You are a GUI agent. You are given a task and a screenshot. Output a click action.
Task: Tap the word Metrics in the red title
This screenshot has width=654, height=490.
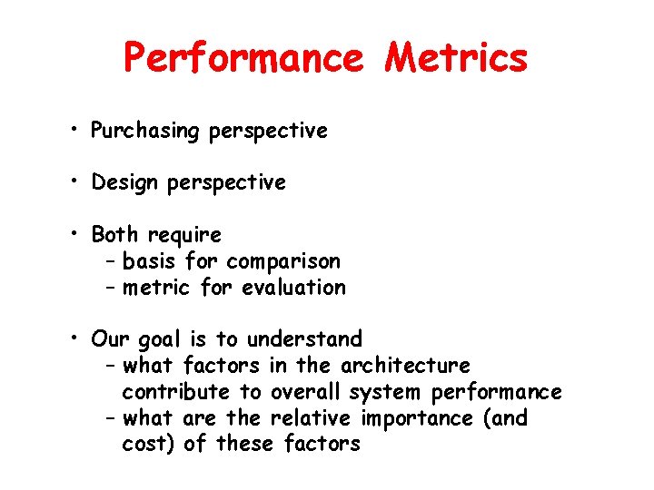tap(456, 58)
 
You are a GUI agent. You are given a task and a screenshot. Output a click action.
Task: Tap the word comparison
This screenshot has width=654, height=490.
tap(283, 262)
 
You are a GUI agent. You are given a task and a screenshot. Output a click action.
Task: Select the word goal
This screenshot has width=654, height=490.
tap(160, 340)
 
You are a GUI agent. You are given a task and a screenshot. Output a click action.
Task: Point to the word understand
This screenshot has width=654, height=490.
tap(304, 339)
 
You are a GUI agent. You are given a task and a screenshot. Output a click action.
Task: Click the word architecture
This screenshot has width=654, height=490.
tap(405, 366)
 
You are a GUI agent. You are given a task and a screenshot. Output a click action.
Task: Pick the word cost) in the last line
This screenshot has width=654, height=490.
tap(148, 444)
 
